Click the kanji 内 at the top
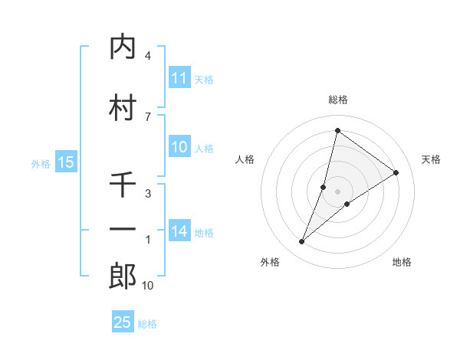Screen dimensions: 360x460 click(123, 47)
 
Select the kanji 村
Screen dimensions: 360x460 click(123, 108)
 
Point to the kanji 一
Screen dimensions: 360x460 click(123, 229)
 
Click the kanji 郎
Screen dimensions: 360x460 click(123, 277)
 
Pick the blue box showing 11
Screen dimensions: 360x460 click(179, 78)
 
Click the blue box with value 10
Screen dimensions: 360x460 click(179, 148)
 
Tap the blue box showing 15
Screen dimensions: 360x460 click(65, 162)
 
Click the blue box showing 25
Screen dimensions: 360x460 click(123, 322)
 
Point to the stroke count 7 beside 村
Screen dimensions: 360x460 click(147, 116)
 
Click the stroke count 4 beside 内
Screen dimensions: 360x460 click(147, 56)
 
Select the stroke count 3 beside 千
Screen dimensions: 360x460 click(147, 195)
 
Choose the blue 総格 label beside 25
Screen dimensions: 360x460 click(147, 324)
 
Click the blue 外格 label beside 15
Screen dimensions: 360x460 click(40, 163)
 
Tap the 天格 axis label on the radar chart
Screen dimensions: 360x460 click(431, 159)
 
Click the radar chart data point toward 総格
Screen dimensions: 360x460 click(337, 130)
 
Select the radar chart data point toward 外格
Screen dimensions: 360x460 click(302, 242)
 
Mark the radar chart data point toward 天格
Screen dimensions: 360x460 click(396, 172)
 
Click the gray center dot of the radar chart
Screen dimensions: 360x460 click(338, 191)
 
